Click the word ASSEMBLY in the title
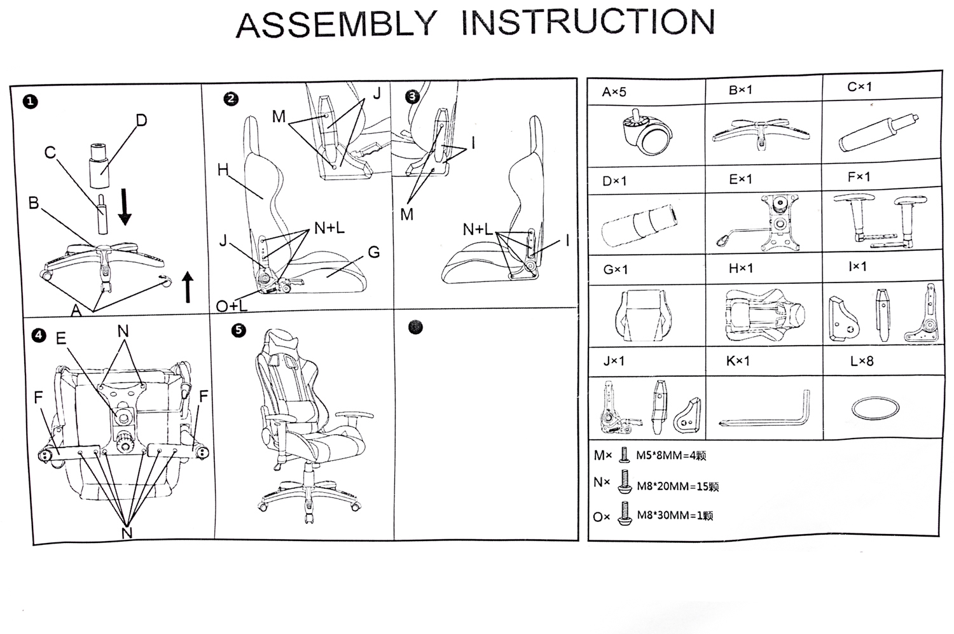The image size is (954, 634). click(x=336, y=24)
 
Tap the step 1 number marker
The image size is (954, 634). click(x=29, y=102)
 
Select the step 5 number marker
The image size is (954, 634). click(x=238, y=330)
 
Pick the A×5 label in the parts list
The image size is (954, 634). click(x=614, y=92)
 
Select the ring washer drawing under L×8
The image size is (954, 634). click(x=875, y=407)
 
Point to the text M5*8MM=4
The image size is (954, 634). click(x=670, y=456)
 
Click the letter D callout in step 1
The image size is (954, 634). click(x=141, y=120)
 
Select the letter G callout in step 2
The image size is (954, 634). click(x=374, y=252)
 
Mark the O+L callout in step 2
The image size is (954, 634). click(x=232, y=306)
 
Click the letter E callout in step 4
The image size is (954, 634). click(x=61, y=338)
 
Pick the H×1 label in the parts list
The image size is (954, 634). click(x=740, y=269)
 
